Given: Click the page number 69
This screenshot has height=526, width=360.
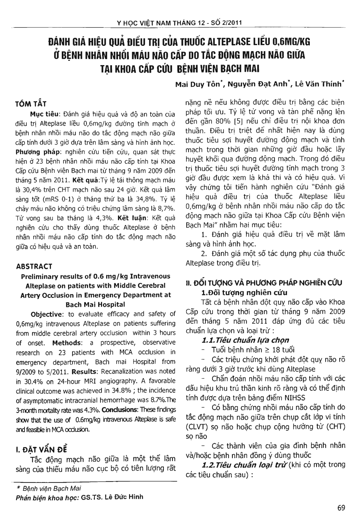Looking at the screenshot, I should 341,508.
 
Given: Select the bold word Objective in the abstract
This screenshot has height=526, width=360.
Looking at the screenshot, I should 46,314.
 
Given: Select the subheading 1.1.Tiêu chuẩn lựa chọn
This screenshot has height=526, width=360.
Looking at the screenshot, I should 245,340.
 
